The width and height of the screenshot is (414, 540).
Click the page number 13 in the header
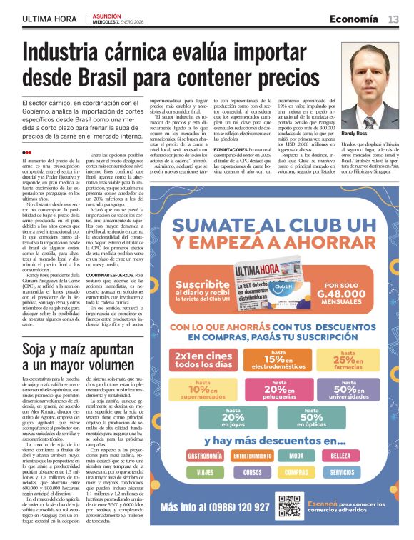click(x=393, y=19)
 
